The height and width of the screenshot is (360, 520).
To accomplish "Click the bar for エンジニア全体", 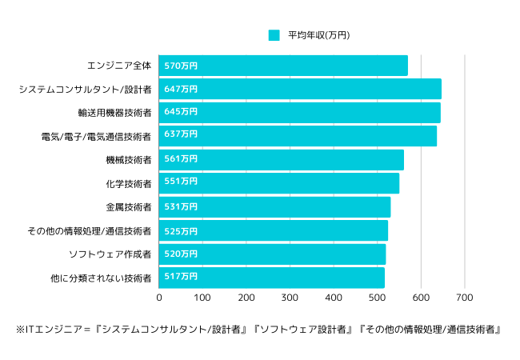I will (283, 66).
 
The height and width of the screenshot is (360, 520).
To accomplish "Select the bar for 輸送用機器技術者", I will (299, 112).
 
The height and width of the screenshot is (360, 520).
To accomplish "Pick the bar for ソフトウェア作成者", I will (272, 254).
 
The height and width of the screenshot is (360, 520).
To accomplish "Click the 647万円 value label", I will (180, 89).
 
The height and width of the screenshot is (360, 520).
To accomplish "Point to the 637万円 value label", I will (180, 135).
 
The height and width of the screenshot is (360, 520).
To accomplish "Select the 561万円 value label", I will (180, 159).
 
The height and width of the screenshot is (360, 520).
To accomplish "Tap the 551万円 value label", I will (180, 183).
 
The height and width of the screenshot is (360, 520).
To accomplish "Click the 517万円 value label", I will (180, 278).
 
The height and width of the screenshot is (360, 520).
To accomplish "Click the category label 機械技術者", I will (129, 160).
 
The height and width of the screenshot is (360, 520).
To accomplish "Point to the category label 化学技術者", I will (129, 184).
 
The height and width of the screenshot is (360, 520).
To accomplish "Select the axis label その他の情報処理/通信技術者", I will (90, 231).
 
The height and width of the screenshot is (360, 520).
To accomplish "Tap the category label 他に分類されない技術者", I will (101, 278).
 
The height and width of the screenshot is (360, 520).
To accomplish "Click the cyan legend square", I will (274, 35).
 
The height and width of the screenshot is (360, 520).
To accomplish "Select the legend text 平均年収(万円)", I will (318, 35).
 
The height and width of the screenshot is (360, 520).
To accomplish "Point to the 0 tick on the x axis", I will (159, 298).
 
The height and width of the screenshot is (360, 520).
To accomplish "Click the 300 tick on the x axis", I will (290, 298).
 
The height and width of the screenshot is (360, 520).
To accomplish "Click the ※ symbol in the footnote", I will (20, 330).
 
